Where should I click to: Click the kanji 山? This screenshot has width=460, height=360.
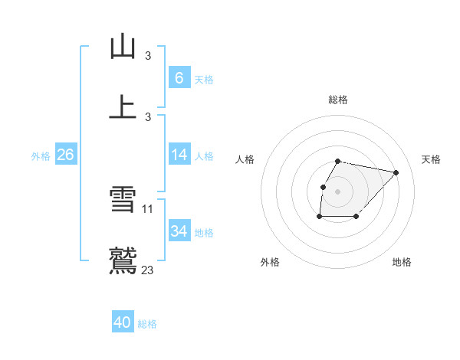tap(123, 47)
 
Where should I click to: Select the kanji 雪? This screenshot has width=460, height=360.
tap(123, 201)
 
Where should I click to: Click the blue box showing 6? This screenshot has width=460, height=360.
tap(179, 77)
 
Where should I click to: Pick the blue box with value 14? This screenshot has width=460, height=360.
tap(179, 155)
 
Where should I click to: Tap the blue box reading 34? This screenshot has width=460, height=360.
tap(179, 231)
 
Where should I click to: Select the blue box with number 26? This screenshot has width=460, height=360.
tap(65, 155)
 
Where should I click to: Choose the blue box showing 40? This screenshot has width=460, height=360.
tap(122, 322)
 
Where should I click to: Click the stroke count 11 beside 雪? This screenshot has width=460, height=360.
tap(148, 208)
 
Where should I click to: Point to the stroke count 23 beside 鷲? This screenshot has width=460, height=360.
tap(148, 270)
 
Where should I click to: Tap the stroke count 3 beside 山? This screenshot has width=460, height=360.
tap(148, 55)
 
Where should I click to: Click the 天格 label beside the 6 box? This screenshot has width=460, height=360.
tap(204, 79)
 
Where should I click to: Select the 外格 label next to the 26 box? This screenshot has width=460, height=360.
tap(41, 156)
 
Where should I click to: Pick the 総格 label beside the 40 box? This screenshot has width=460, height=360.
tap(147, 324)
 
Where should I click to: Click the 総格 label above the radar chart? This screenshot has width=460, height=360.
tap(337, 100)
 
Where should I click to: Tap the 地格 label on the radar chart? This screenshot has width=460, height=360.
tap(402, 262)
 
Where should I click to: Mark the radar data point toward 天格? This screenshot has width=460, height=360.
tap(396, 172)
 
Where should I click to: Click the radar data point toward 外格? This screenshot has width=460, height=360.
tap(319, 217)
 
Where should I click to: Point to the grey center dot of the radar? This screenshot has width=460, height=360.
tap(337, 191)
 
